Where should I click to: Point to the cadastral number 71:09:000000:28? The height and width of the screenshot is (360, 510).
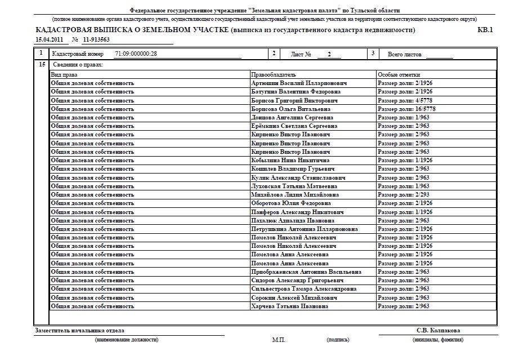pos(135,54)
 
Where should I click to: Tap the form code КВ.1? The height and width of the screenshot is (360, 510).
pos(485,30)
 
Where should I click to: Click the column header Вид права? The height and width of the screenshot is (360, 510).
pos(64,74)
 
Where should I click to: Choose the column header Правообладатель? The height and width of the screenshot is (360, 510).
pos(274,74)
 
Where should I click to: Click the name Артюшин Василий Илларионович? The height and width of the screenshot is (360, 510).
pos(299,83)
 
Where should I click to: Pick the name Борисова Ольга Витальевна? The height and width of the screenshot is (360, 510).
pos(290,109)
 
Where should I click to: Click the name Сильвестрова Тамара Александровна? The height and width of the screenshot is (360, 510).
pos(303,289)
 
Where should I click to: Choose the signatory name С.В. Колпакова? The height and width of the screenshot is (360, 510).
pos(438,331)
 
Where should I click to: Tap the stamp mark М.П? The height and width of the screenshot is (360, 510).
pos(279,340)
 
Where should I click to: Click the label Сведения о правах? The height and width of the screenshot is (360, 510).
pos(72,65)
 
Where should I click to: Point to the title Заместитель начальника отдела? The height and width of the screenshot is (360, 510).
pos(79,331)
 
